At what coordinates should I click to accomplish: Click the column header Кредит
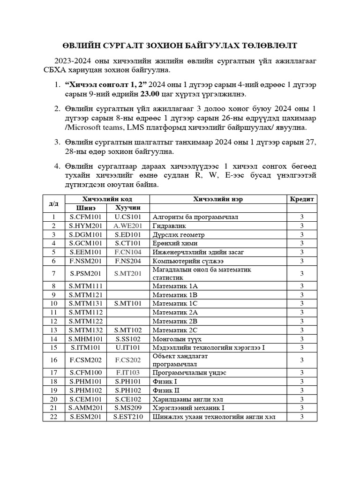tap(302, 199)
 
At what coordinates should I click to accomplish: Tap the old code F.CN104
tap(127, 252)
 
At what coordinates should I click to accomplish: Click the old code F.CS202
tap(127, 360)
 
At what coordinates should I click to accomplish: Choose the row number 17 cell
tap(54, 372)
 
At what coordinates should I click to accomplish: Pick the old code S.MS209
tap(127, 408)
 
